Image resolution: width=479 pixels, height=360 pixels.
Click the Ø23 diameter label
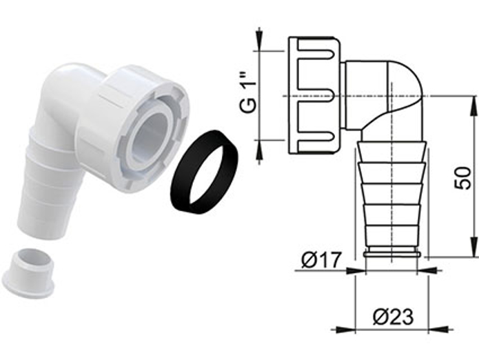[x=393, y=317]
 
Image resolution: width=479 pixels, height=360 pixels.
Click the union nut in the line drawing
[x=314, y=94]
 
